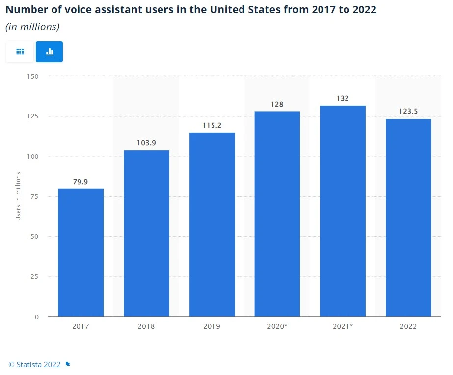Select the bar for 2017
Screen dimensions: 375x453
[x=80, y=252]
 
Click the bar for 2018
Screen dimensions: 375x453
[x=146, y=233]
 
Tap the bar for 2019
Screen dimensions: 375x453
[x=212, y=224]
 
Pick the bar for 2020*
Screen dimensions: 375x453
[x=277, y=214]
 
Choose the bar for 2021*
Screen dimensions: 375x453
[x=343, y=211]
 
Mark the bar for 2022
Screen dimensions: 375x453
[x=408, y=217]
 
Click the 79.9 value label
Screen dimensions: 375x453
[x=80, y=182]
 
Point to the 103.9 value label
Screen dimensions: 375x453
[x=146, y=143]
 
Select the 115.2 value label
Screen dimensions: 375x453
[x=212, y=125]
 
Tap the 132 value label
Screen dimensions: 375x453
[x=343, y=98]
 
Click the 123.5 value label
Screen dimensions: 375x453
[x=408, y=111]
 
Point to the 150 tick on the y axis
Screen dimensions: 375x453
[x=33, y=76]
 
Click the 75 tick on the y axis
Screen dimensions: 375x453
[x=35, y=196]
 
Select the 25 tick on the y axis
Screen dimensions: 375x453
[x=35, y=276]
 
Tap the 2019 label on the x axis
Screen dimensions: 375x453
[x=212, y=326]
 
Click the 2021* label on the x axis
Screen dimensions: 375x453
[x=343, y=326]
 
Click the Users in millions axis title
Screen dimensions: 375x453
[x=18, y=196]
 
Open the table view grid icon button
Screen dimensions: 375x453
[x=20, y=52]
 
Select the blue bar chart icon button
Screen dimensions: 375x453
[x=49, y=52]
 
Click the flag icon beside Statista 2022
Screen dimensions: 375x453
[x=68, y=364]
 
